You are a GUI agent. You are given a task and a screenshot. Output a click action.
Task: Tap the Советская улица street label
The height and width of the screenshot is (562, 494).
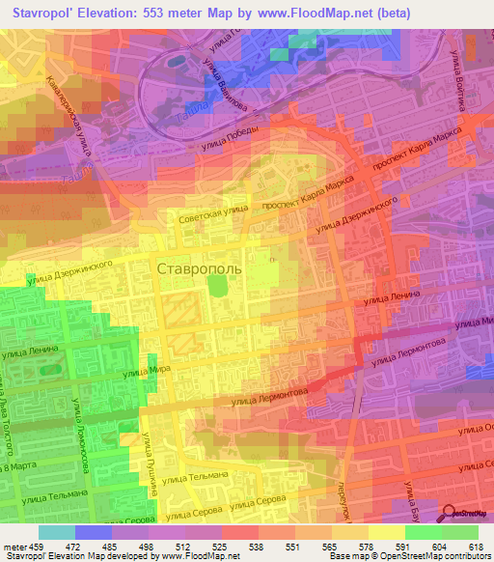point(207,219)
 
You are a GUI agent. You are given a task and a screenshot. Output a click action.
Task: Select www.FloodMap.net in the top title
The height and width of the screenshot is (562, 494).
point(314,13)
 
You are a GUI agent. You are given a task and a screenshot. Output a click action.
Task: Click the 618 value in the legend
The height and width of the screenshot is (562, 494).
point(474,546)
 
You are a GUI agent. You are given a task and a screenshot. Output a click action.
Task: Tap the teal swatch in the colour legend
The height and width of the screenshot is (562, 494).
point(56,532)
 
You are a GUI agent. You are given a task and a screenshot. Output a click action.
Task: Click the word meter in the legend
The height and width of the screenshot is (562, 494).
point(13,546)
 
